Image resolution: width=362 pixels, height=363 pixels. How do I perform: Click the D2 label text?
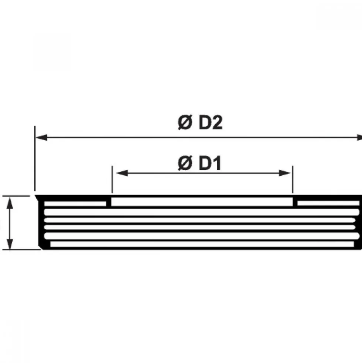tap(210, 122)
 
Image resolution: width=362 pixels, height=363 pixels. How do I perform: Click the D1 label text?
tap(210, 164)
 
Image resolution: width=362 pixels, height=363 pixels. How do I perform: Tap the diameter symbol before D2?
tap(185, 122)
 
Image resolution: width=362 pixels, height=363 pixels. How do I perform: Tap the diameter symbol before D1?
tap(185, 164)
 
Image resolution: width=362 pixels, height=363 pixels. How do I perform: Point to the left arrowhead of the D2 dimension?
tap(41, 138)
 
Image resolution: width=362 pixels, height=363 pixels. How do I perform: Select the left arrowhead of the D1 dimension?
tap(122, 173)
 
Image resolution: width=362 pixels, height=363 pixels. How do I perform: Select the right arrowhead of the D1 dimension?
tap(284, 173)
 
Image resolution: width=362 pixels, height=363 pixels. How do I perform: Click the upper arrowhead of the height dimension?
tap(10, 203)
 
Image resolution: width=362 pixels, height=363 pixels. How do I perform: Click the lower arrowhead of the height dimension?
tap(10, 243)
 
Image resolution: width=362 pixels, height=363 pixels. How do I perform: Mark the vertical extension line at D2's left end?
tap(35, 158)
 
